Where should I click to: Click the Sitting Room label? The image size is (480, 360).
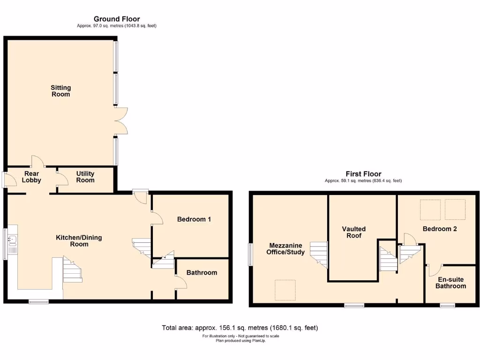coord(60,91)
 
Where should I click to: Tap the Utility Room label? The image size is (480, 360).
coord(85,177)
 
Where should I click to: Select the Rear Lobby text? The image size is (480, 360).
coord(32,177)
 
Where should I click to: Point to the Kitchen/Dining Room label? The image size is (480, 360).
coord(79,241)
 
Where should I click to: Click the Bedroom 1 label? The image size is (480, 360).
coord(194,219)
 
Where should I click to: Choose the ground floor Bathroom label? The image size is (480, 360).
coord(202,272)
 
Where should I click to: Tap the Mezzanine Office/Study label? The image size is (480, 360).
coord(286,249)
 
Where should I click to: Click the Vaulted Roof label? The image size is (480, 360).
coord(353,232)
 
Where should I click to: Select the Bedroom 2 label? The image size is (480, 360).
coord(439,229)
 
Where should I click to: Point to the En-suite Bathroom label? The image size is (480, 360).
coord(452,282)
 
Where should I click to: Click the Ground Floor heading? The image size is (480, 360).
coord(117,19)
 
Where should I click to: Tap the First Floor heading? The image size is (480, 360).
coord(363,174)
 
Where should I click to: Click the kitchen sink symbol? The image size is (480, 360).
coord(12,241)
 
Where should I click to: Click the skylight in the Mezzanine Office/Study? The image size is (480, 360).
coord(285,290)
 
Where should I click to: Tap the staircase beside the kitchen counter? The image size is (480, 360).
coord(72,270)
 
